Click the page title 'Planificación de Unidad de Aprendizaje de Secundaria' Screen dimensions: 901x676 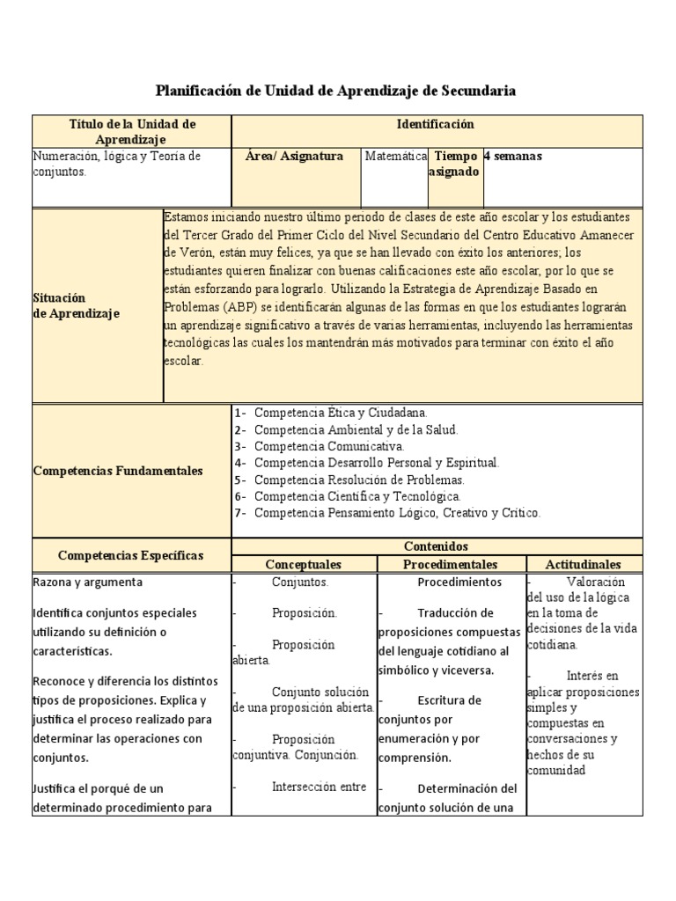click(x=335, y=91)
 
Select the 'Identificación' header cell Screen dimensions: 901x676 click(x=435, y=125)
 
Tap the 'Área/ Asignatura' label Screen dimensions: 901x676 click(x=294, y=157)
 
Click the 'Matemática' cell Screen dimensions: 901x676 click(x=396, y=157)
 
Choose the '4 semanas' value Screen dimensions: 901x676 click(x=513, y=157)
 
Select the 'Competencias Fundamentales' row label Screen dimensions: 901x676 click(x=118, y=471)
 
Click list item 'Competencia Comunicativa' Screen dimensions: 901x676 click(x=329, y=446)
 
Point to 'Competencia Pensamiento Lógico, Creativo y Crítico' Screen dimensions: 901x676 click(x=397, y=512)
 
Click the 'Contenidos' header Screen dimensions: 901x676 click(x=435, y=547)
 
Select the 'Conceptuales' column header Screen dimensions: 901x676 click(x=303, y=564)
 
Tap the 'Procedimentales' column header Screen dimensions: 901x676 click(x=451, y=564)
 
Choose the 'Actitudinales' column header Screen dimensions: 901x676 click(x=583, y=564)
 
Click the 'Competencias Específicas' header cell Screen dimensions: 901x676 click(x=130, y=555)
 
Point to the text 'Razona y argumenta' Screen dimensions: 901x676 click(x=87, y=582)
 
